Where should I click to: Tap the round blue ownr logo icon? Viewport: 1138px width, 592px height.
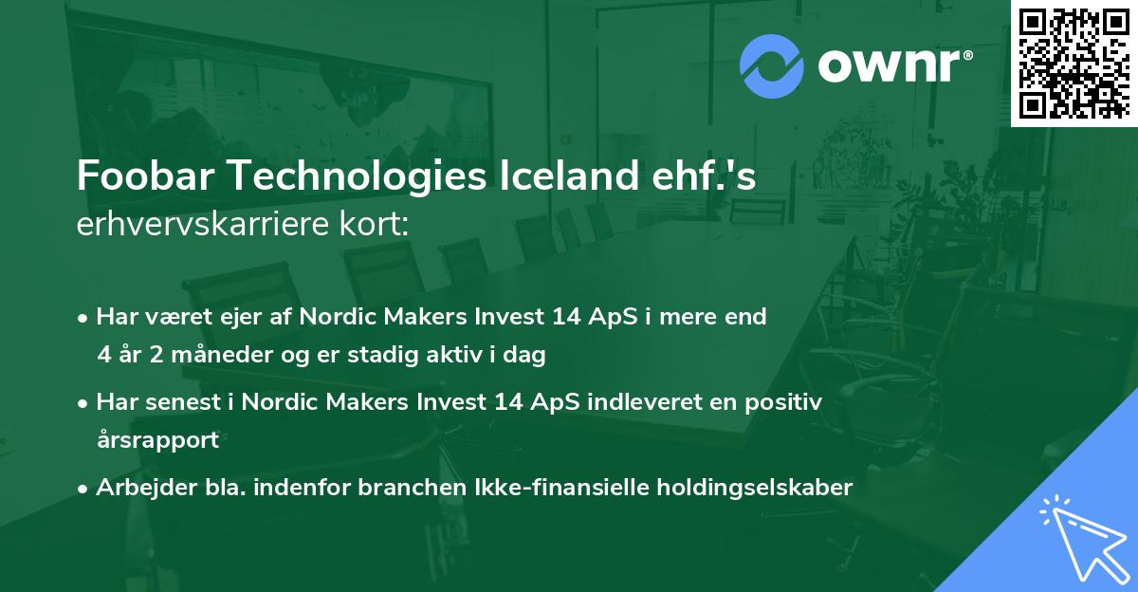click(771, 66)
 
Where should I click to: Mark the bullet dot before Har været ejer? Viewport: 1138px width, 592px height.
click(84, 318)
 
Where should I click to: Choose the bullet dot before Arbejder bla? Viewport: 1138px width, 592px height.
click(84, 488)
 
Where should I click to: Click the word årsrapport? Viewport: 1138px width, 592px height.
click(157, 439)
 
